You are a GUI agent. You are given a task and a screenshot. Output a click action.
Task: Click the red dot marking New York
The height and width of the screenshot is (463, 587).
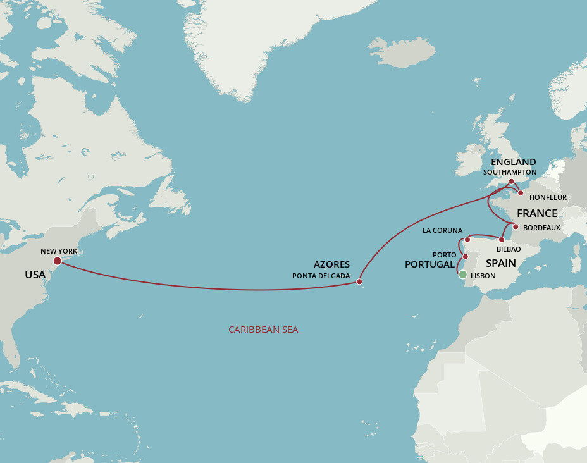pyautogui.click(x=58, y=261)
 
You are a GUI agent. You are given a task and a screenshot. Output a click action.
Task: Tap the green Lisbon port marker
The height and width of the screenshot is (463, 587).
pyautogui.click(x=462, y=275)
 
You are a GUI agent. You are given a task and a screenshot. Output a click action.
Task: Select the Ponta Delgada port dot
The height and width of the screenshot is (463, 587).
pyautogui.click(x=359, y=281)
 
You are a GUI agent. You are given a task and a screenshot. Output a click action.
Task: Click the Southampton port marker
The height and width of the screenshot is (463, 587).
pyautogui.click(x=511, y=182)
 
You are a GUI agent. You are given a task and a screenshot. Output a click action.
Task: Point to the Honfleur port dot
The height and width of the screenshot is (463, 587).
pyautogui.click(x=521, y=193)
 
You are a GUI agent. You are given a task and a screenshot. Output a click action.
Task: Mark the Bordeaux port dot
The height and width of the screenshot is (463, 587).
pyautogui.click(x=516, y=226)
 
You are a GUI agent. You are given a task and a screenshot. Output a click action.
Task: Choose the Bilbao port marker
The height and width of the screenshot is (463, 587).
pyautogui.click(x=501, y=240)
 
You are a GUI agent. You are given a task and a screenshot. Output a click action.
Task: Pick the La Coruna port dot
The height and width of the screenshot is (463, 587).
pyautogui.click(x=467, y=240)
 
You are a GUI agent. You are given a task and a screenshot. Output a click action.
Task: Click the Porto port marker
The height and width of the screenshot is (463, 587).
pyautogui.click(x=466, y=256)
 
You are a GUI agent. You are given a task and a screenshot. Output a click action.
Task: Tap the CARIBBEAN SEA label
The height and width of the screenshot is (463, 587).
pyautogui.click(x=263, y=330)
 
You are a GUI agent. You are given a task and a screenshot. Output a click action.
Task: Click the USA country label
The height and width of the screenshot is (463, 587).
pyautogui.click(x=35, y=275)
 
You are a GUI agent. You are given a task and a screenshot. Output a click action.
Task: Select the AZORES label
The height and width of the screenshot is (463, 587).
pyautogui.click(x=331, y=264)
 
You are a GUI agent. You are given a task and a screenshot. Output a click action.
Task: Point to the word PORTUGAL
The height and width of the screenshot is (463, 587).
pyautogui.click(x=429, y=264)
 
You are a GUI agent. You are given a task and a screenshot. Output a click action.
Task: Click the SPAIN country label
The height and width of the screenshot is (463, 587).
pyautogui.click(x=500, y=263)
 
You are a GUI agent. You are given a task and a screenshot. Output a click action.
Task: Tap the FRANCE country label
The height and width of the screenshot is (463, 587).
pyautogui.click(x=537, y=213)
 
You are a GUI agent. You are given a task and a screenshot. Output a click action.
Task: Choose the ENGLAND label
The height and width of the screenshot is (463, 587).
pyautogui.click(x=513, y=162)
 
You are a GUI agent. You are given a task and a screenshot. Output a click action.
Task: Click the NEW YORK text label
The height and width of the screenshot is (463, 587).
pyautogui.click(x=59, y=251)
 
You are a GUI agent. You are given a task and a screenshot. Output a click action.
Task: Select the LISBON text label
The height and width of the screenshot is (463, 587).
pyautogui.click(x=483, y=276)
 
